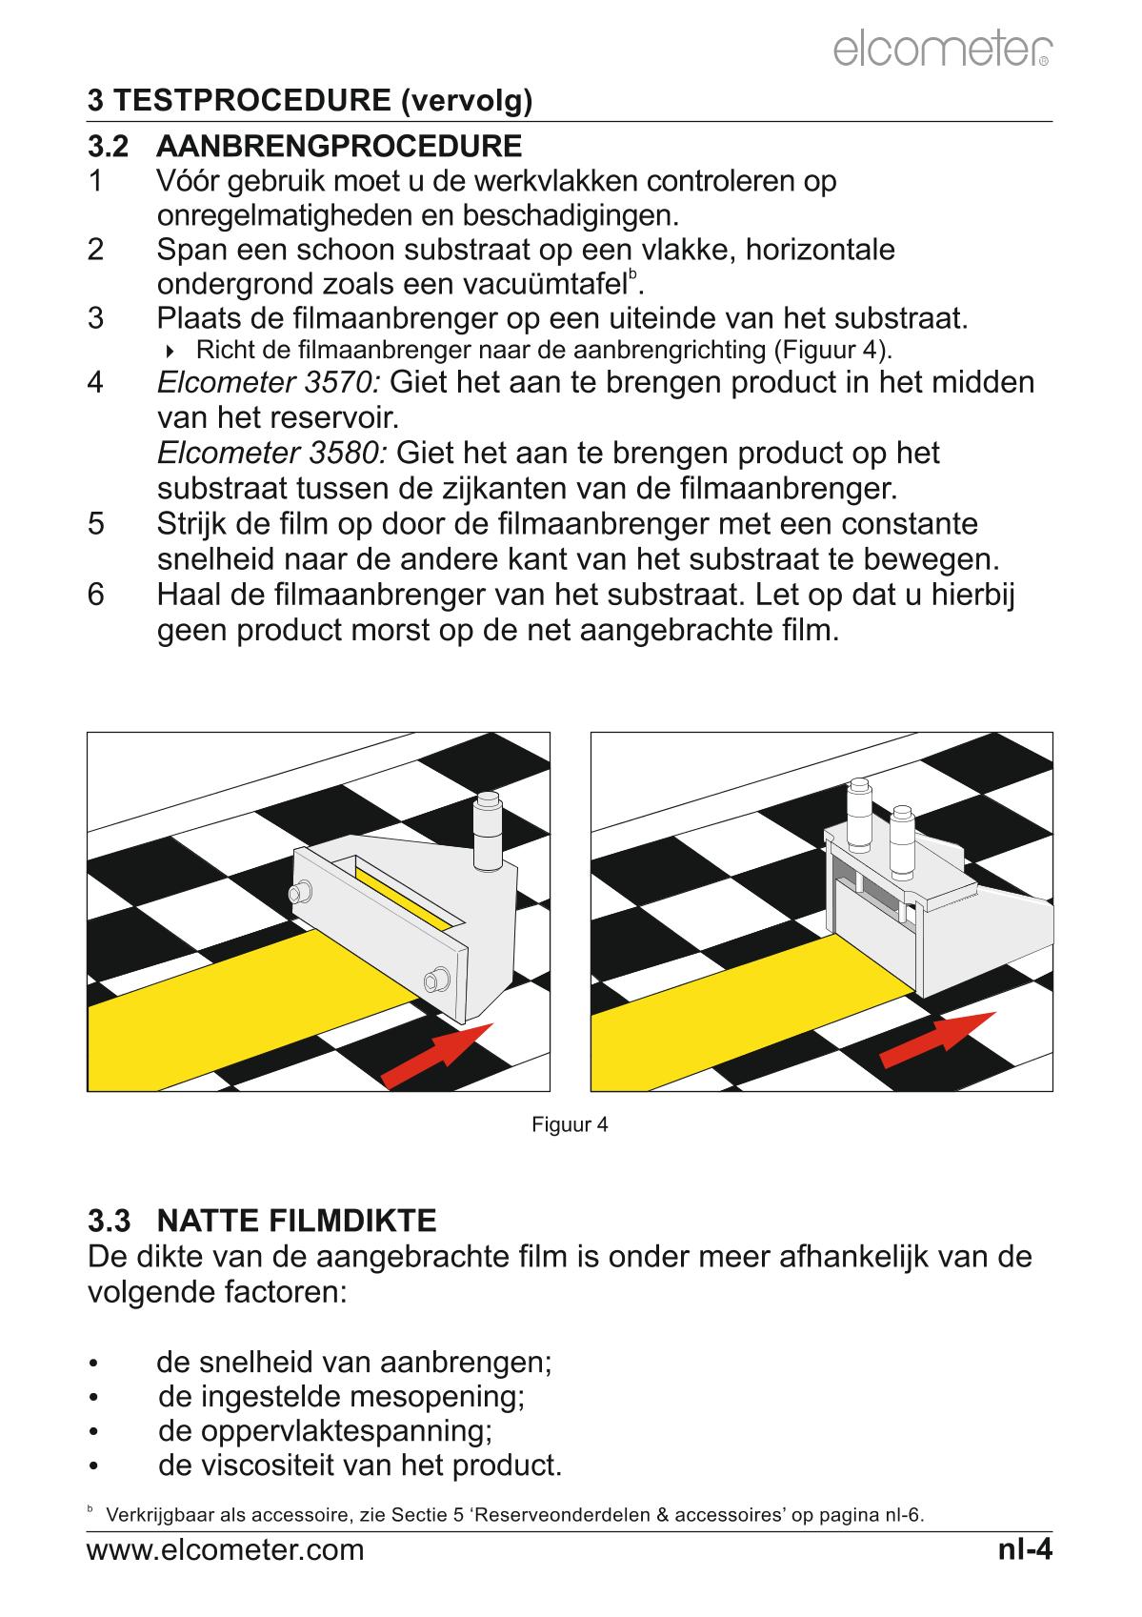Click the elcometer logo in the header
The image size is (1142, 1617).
(942, 50)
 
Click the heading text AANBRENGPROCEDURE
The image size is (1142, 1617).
(339, 147)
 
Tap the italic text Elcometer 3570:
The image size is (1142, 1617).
(269, 383)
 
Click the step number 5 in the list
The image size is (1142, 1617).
(95, 524)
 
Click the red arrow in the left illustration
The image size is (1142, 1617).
(438, 1054)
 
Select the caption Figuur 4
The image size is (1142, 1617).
(570, 1124)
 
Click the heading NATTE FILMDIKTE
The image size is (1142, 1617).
(296, 1220)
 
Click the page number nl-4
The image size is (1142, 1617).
(1025, 1549)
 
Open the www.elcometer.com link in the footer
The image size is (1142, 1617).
(226, 1550)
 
